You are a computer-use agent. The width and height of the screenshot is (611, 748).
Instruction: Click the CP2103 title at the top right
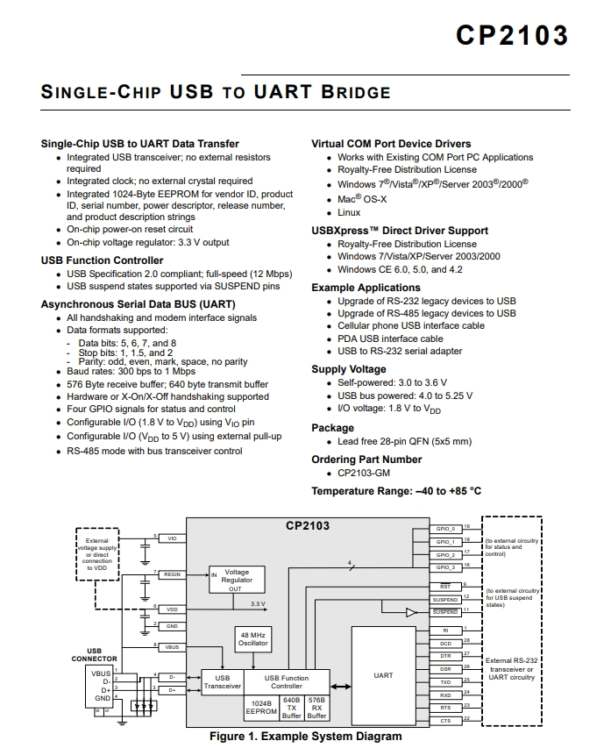512,35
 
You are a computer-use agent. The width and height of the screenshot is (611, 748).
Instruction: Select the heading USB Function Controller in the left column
102,260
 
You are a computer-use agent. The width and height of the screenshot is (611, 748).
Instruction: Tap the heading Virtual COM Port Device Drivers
391,144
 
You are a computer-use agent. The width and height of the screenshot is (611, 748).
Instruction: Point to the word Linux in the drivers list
349,213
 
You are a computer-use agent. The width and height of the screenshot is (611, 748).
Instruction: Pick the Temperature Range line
396,491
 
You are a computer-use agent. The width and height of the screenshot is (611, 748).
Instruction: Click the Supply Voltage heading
349,369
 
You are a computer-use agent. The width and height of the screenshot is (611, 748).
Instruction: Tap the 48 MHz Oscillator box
253,638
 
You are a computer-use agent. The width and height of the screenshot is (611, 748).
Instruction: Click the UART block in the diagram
383,676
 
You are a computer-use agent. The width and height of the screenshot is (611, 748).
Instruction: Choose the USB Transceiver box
223,681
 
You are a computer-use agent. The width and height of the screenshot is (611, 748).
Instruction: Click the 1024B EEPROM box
260,709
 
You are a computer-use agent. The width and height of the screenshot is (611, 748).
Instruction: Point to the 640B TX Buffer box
292,709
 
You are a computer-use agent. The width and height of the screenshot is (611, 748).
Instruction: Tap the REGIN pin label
172,574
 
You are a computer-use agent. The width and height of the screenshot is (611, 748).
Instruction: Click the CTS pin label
445,720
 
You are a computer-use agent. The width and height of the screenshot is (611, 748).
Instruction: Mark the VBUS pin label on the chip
172,647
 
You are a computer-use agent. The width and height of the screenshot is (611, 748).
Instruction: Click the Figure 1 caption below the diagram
305,737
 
